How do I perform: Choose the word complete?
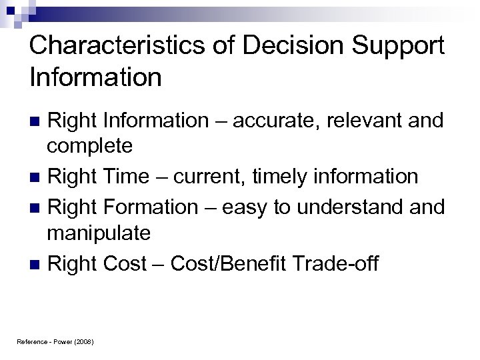click(89, 145)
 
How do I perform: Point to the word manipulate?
click(98, 233)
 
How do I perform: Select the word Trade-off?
click(345, 264)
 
